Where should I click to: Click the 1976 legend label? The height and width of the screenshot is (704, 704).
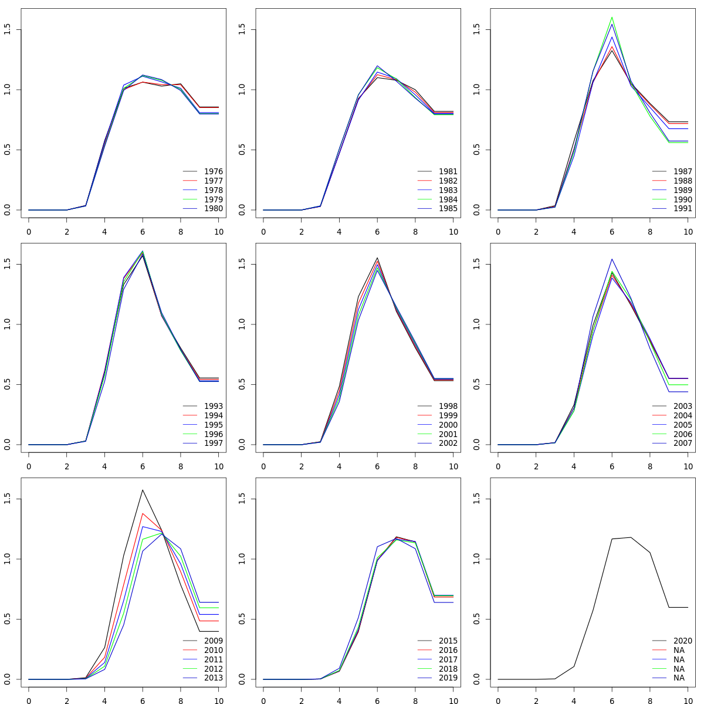(x=214, y=171)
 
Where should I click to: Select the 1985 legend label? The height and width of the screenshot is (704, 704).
(x=448, y=209)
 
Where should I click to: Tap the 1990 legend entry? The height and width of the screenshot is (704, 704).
(x=683, y=199)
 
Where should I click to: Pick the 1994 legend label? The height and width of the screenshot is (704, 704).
(x=214, y=415)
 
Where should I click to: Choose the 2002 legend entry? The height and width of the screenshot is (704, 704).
(x=448, y=444)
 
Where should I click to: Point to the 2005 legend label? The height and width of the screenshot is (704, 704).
(x=683, y=425)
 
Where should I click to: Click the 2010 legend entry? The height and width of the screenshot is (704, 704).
(x=214, y=650)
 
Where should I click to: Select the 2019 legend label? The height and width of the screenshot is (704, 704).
(x=448, y=678)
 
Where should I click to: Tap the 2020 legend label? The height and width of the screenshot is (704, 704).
(x=683, y=641)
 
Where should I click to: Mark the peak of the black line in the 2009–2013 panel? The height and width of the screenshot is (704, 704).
(x=143, y=490)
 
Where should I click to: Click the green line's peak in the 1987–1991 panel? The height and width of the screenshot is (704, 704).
(x=612, y=17)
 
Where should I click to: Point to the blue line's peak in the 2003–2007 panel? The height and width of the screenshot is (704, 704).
(x=612, y=259)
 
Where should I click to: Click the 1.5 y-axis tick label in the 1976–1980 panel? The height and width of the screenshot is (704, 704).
(x=8, y=30)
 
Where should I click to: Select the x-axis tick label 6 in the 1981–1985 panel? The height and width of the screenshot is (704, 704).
(x=377, y=232)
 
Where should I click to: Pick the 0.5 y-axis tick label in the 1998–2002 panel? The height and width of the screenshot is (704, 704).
(x=242, y=385)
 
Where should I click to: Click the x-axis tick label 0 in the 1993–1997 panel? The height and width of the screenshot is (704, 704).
(x=29, y=466)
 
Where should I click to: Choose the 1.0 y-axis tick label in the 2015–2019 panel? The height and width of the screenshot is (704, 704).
(x=242, y=559)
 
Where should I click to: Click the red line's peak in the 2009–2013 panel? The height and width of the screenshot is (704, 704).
(x=143, y=513)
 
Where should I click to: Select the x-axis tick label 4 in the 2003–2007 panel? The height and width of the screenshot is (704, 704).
(x=574, y=466)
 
